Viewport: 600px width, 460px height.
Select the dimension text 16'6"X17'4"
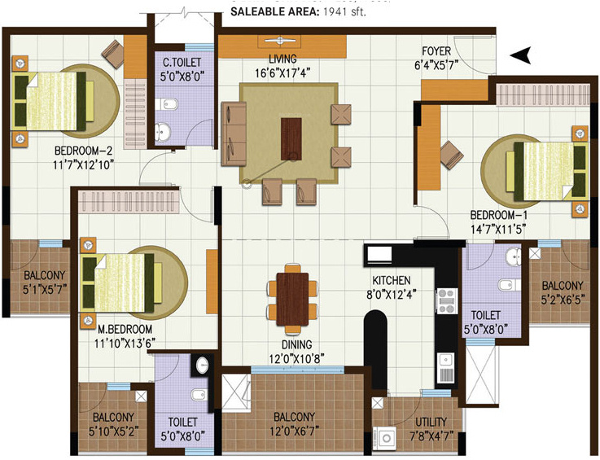point(282,72)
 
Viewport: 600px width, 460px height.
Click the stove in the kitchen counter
point(445,301)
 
